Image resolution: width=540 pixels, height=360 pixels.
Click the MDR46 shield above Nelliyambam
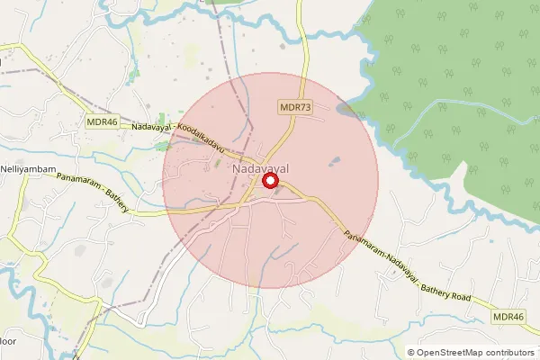pos(102,121)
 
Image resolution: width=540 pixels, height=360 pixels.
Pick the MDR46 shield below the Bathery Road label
pos(508,317)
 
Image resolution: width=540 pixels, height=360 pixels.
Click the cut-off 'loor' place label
pos(7,342)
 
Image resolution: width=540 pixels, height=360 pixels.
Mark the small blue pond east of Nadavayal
pos(335,161)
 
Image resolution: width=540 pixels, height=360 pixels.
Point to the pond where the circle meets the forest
pos(346,110)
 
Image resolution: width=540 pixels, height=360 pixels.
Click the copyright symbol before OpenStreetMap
pos(410,353)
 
